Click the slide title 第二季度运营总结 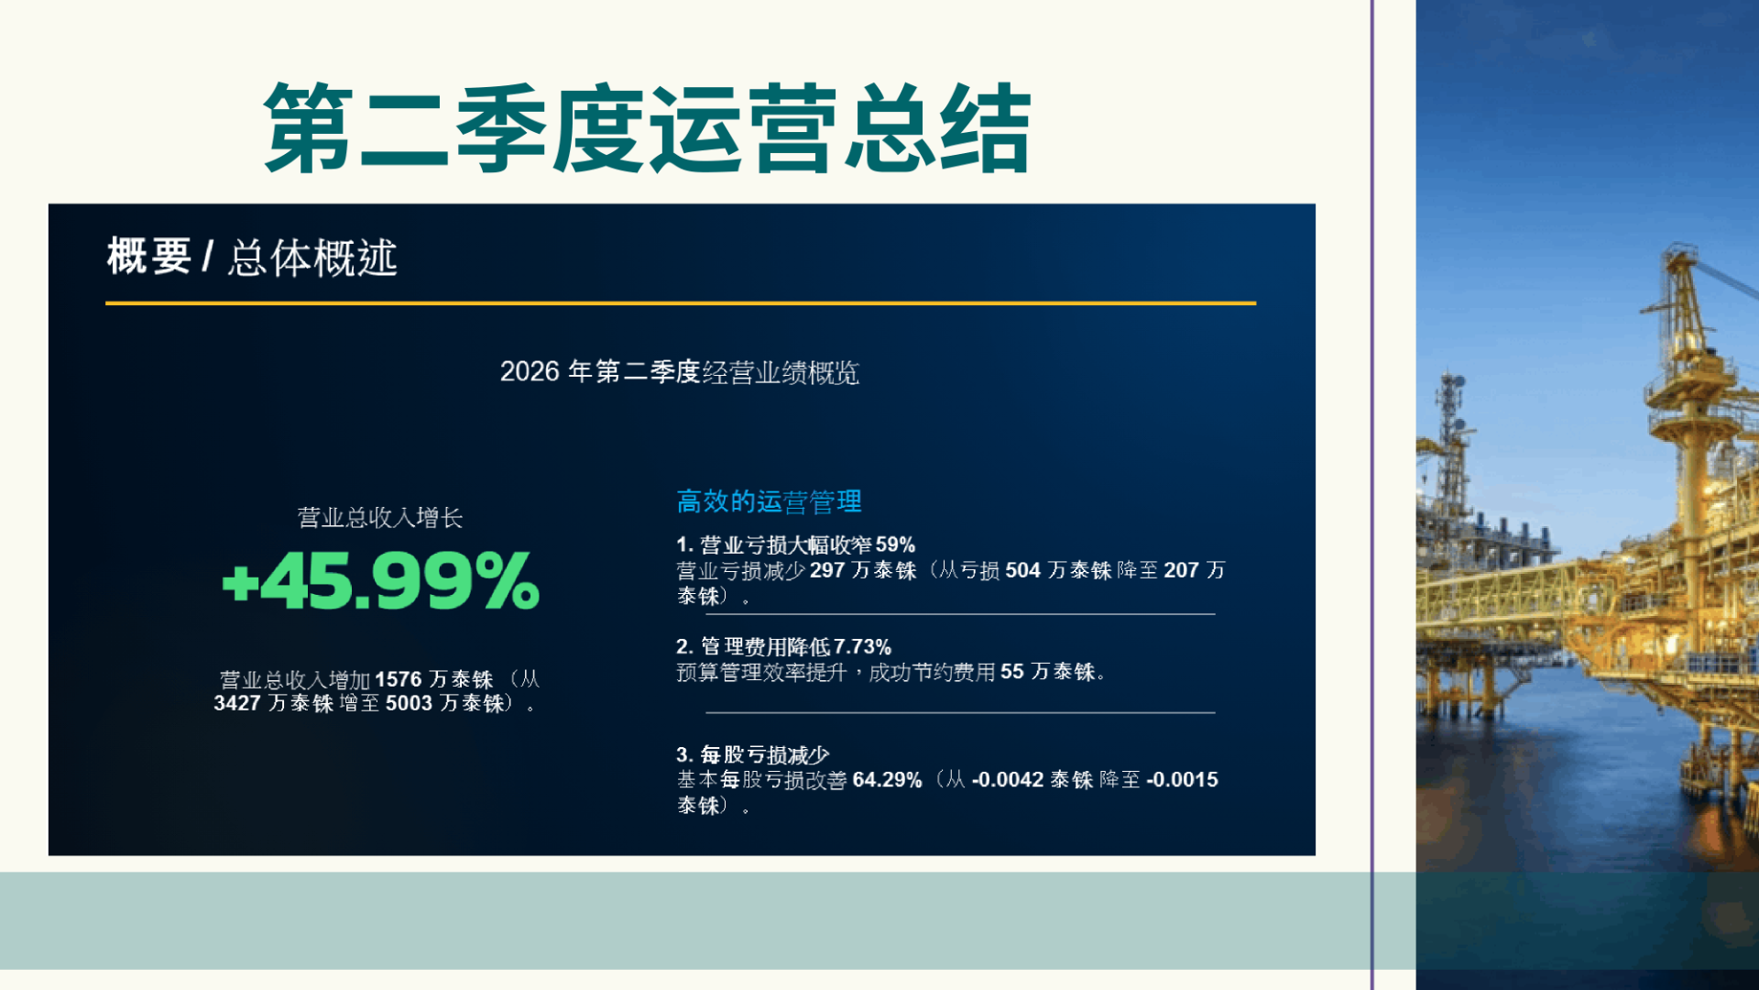click(648, 128)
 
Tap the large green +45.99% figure click(381, 580)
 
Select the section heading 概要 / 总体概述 click(252, 257)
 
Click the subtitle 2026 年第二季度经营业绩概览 click(679, 371)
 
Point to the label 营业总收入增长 click(380, 518)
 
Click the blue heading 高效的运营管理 click(769, 501)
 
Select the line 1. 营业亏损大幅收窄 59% click(795, 544)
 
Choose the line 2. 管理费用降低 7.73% click(783, 646)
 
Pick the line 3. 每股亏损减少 click(752, 754)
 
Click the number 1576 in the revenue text click(399, 679)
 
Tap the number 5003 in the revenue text click(409, 703)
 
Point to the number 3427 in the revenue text click(237, 703)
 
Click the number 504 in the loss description click(1022, 570)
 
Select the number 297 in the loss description click(827, 570)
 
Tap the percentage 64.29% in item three click(887, 779)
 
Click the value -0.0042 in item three click(1008, 779)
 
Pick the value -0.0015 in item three click(1183, 779)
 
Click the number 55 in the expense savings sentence click(1012, 672)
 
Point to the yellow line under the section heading click(681, 302)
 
